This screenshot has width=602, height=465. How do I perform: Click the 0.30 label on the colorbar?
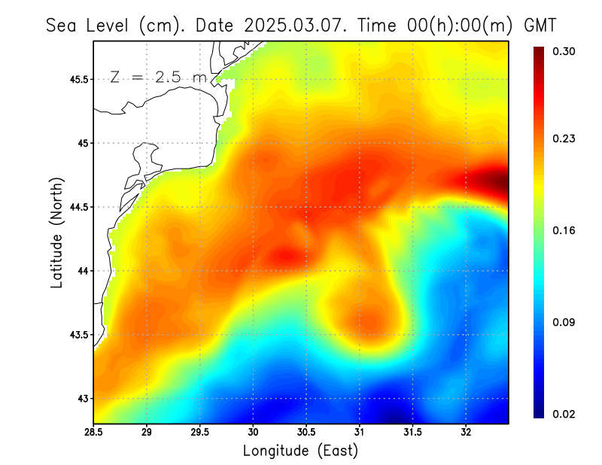pos(565,51)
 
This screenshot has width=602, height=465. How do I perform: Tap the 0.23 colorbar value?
pos(565,138)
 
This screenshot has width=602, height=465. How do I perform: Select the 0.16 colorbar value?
pos(565,230)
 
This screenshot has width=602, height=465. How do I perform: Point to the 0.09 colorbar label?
pos(565,322)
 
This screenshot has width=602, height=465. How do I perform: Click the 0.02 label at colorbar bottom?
pos(565,414)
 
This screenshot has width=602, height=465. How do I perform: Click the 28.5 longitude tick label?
pos(93,433)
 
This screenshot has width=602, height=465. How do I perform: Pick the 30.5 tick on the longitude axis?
pos(306,433)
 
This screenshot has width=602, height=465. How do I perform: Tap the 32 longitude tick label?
pos(466,433)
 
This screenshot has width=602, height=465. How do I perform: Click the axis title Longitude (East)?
pos(300,451)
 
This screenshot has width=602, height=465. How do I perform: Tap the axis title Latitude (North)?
pos(57,232)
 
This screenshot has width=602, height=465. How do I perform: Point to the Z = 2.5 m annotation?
pos(158,77)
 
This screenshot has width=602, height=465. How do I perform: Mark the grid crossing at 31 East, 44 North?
pos(360,271)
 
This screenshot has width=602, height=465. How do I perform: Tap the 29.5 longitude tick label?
pos(199,433)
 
